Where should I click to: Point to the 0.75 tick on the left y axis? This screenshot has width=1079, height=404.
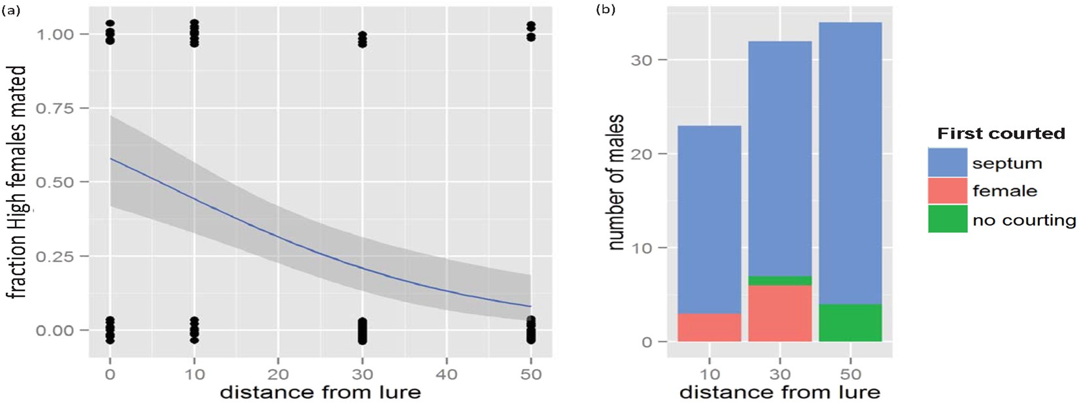point(56,108)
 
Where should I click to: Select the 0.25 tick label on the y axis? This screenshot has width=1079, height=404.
point(56,256)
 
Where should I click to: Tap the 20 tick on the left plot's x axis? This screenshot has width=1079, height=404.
point(278,375)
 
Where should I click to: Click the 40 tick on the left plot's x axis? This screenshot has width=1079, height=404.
point(447,375)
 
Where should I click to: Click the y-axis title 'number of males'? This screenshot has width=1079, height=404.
point(615,182)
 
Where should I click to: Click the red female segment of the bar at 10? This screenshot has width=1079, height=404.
point(709,328)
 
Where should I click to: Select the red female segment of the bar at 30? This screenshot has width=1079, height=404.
point(779,313)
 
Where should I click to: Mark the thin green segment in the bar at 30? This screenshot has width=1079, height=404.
point(779,280)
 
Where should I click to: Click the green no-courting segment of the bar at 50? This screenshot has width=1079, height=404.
point(850,323)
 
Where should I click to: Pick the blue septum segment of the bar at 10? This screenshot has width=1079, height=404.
point(709,219)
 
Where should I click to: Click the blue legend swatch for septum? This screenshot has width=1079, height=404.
point(947,162)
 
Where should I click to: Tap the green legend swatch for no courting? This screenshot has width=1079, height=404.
point(947,219)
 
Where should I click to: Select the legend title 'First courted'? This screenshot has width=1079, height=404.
point(1001,134)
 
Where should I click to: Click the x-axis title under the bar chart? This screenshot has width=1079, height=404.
point(779,392)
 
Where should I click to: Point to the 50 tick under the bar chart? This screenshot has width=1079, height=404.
point(850,375)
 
